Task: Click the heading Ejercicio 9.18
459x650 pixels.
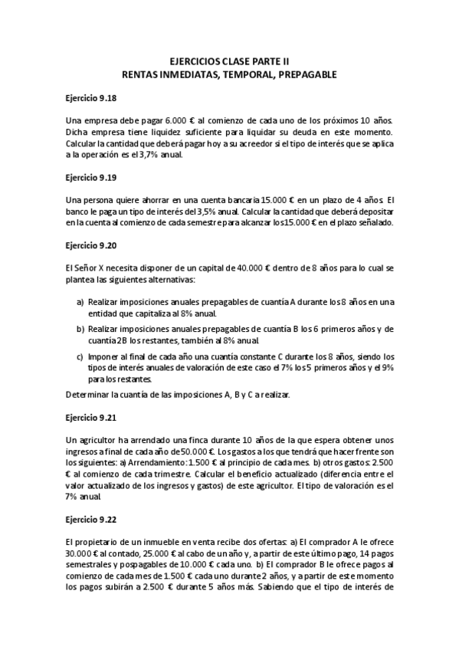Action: [x=90, y=99]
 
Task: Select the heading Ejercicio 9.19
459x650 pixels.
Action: [x=90, y=177]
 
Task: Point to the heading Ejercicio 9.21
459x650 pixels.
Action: [x=90, y=420]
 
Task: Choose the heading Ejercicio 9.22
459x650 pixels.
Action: [x=90, y=518]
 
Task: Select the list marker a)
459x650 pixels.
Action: [x=80, y=303]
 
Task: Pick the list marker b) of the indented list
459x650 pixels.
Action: [x=80, y=329]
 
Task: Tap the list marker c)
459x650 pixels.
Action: [x=80, y=356]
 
